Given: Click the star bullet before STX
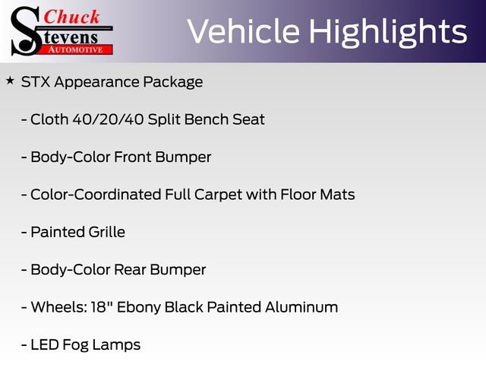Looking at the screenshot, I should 10,80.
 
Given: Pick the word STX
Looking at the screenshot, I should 35,82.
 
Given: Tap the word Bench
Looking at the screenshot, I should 207,119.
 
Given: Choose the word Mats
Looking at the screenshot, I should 337,195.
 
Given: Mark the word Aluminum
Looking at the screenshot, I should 301,307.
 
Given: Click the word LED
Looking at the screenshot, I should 44,344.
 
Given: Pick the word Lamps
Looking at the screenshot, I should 117,345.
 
